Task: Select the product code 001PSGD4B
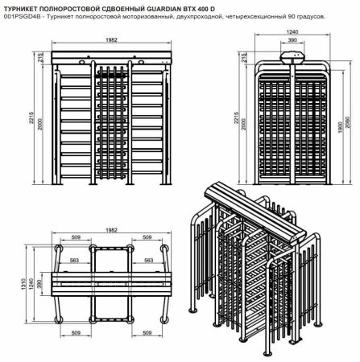click(19, 15)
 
